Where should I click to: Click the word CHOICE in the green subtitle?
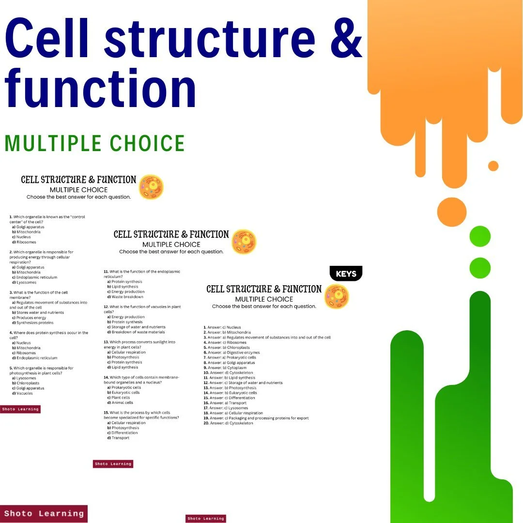[x=147, y=144]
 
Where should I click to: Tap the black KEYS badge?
[x=346, y=274]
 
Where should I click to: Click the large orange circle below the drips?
[x=451, y=212]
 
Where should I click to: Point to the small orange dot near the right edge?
[x=493, y=166]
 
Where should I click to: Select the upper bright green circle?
[x=480, y=236]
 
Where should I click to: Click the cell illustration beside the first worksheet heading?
[x=151, y=187]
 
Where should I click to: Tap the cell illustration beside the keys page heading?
[x=336, y=296]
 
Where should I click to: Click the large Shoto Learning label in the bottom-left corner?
[x=44, y=513]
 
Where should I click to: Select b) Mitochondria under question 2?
[x=29, y=272]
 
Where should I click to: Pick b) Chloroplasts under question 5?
[x=28, y=383]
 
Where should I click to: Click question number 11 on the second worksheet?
[x=106, y=272]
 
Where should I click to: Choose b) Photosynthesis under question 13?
[x=124, y=357]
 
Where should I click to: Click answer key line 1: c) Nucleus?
[x=224, y=327]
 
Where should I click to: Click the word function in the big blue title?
[x=101, y=90]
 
